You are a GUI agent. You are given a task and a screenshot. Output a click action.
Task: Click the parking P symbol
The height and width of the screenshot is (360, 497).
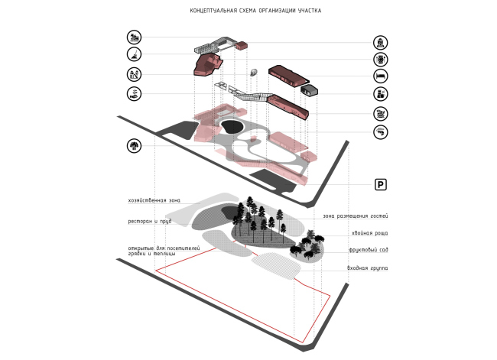click(380, 184)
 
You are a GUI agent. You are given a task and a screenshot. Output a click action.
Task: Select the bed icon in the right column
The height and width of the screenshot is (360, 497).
click(380, 76)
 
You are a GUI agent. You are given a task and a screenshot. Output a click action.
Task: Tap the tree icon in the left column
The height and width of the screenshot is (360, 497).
click(135, 144)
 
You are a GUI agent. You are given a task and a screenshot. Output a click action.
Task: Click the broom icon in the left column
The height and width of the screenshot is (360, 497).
click(135, 55)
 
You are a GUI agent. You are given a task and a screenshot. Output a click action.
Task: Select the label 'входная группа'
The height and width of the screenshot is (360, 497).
click(367, 268)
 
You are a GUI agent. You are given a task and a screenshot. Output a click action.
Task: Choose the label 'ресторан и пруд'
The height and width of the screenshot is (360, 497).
click(149, 222)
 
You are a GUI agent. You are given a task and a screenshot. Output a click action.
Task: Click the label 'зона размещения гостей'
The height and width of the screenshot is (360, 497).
click(355, 216)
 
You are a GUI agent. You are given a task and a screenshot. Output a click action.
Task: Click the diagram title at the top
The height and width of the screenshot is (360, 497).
click(255, 11)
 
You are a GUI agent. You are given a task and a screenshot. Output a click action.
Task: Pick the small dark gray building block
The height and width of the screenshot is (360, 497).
click(310, 91)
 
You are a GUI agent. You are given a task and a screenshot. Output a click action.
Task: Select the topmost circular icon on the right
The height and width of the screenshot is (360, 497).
click(380, 42)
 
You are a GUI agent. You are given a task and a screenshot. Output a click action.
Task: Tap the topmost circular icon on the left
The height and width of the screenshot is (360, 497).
click(135, 37)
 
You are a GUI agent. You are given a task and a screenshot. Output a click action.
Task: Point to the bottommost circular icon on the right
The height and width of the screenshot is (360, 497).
click(380, 131)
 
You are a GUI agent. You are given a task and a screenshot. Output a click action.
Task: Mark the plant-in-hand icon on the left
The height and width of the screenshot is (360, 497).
click(135, 93)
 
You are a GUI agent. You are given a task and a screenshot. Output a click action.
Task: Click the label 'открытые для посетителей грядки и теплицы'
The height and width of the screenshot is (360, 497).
click(163, 251)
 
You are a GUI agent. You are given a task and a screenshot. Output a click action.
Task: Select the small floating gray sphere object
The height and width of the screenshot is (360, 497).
click(254, 73)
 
